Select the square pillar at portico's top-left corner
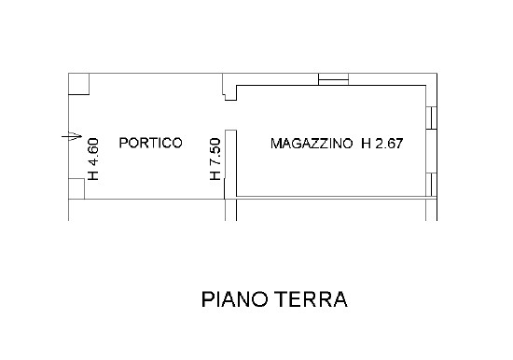(x=79, y=84)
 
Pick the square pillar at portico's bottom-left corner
(x=76, y=189)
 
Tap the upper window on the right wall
(x=431, y=117)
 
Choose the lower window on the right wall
(x=431, y=185)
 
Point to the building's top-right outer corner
(x=436, y=74)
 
